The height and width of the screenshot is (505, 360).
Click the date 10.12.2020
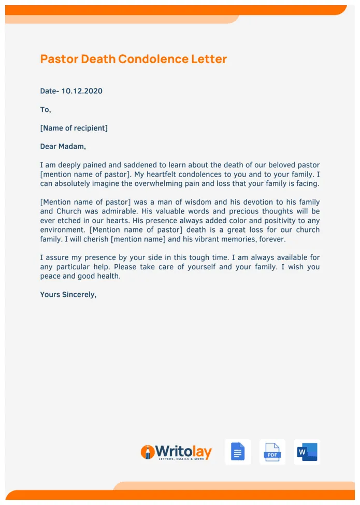click(x=82, y=91)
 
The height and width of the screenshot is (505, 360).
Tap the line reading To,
click(x=46, y=110)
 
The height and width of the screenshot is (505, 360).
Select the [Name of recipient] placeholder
click(x=74, y=128)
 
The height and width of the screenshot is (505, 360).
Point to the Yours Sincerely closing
click(x=68, y=295)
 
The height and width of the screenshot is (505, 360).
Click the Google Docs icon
click(x=238, y=452)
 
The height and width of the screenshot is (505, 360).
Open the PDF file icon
click(x=272, y=452)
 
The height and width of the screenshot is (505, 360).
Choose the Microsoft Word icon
click(x=307, y=452)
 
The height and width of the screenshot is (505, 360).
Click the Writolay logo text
click(x=183, y=452)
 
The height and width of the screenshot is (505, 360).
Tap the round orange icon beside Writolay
click(x=148, y=452)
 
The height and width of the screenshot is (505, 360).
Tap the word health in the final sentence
click(x=108, y=276)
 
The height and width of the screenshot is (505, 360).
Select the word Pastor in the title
click(x=59, y=59)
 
